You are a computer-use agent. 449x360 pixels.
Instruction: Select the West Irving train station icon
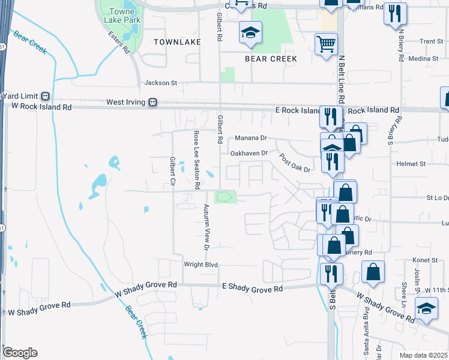click(154, 102)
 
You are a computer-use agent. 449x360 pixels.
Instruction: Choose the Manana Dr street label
click(250, 137)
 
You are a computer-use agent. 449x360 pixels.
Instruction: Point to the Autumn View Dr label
click(206, 227)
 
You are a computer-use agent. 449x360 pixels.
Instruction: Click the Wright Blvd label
click(200, 265)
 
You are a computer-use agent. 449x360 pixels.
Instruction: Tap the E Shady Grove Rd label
click(252, 289)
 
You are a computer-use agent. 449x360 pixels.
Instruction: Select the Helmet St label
click(411, 163)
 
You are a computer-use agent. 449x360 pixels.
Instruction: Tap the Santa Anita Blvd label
click(365, 322)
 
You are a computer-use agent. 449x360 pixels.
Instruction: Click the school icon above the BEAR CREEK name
click(250, 32)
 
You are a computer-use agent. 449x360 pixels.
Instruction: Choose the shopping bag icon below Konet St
click(373, 272)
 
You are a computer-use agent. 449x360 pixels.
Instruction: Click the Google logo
click(20, 353)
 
